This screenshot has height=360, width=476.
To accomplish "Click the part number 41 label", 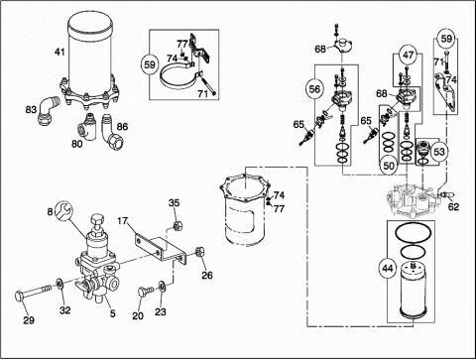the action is tap(59, 52).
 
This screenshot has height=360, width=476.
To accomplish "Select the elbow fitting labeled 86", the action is tap(110, 132).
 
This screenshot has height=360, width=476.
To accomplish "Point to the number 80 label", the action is tap(77, 144).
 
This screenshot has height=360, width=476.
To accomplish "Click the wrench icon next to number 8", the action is tap(64, 210).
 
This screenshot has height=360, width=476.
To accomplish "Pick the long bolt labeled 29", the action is tap(34, 293).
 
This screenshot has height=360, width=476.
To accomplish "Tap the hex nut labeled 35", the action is tap(178, 226).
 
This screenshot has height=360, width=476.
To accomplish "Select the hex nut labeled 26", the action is tap(200, 252).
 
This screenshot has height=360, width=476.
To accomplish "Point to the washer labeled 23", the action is tap(163, 287).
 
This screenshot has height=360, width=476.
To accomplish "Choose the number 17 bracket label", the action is tap(123, 220).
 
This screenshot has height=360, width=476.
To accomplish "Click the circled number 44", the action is tap(388, 268).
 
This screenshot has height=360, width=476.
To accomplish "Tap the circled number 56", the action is tap(315, 89).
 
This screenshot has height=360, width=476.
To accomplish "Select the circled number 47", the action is tap(409, 55).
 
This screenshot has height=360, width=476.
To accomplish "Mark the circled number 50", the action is tap(389, 165).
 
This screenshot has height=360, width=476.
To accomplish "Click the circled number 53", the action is tap(439, 152).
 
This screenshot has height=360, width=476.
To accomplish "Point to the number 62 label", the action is tap(454, 207).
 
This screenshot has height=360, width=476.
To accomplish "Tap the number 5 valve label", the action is tap(113, 313).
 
